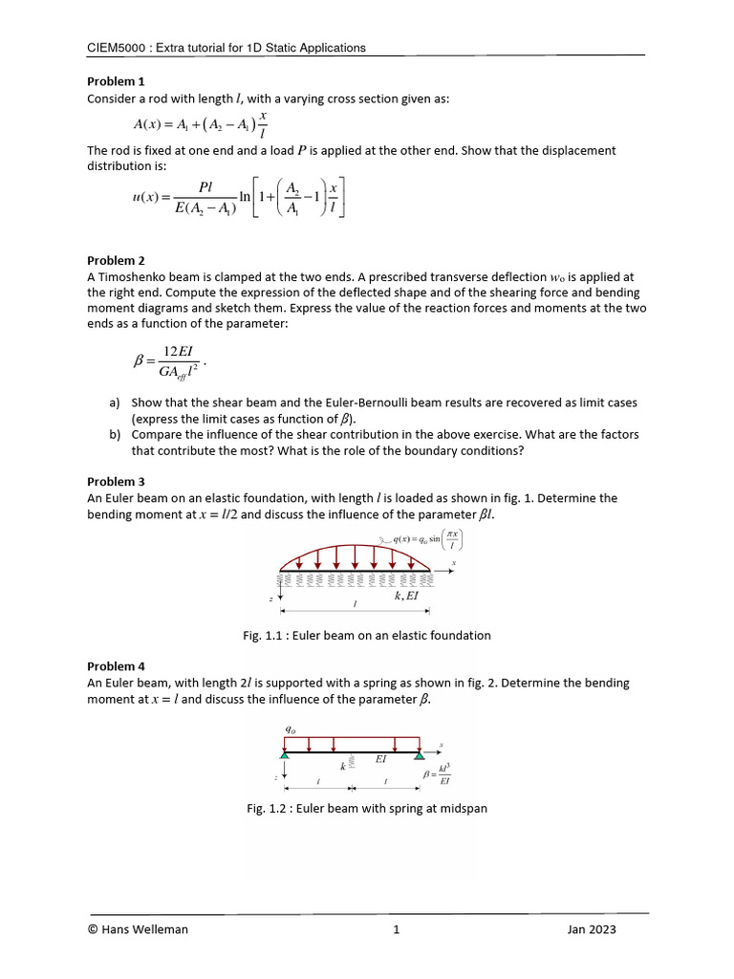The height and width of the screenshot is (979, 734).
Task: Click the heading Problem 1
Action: click(116, 82)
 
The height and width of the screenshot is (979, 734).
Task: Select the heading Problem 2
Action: click(116, 260)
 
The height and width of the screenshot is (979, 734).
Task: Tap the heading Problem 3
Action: click(116, 482)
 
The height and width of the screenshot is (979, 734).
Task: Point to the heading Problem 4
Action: click(116, 666)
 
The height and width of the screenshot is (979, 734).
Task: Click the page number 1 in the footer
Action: click(396, 928)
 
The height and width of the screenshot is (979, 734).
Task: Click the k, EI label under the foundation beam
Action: click(406, 596)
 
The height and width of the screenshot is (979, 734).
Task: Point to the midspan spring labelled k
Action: click(352, 763)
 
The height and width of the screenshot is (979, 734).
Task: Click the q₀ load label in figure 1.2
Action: click(290, 729)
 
